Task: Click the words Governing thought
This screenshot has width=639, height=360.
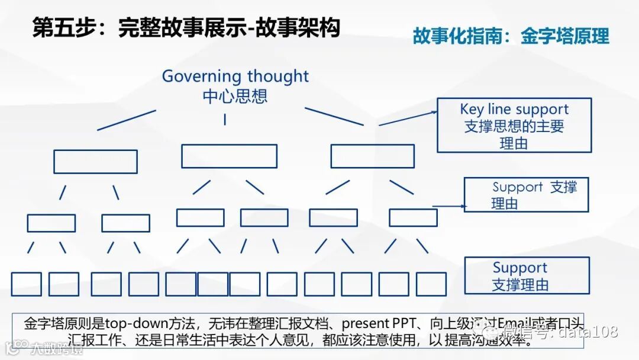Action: [235, 76]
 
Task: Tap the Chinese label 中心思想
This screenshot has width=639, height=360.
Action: [235, 96]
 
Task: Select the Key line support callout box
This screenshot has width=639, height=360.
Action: [514, 125]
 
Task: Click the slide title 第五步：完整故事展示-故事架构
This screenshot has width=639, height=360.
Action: [186, 28]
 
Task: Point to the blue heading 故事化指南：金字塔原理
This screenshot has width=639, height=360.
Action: [511, 36]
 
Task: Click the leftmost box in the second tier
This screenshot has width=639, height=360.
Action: [95, 161]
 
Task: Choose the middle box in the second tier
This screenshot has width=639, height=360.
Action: [229, 156]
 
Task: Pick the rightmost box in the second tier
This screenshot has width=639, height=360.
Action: [372, 156]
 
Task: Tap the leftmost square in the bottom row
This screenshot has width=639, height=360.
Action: [27, 284]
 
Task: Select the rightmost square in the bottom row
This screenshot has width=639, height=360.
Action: [431, 284]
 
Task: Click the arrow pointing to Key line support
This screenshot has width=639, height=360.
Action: [408, 117]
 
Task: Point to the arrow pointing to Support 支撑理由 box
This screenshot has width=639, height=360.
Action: [450, 207]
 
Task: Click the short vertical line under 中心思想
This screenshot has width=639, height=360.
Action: [225, 119]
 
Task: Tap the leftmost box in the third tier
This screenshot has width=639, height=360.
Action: [51, 223]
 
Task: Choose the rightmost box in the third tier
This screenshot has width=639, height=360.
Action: [413, 217]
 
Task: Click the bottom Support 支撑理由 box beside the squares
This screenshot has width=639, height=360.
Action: [527, 275]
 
